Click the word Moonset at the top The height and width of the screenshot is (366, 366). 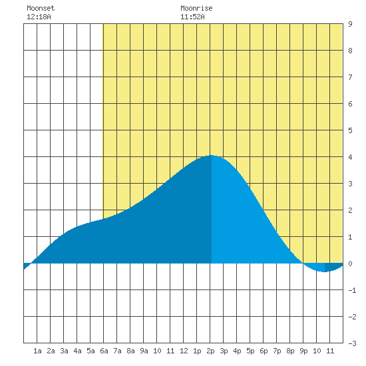(x=41, y=8)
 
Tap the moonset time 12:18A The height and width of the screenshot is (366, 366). (x=39, y=17)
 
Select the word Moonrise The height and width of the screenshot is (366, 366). (x=196, y=8)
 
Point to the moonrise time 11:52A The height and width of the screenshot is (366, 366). (x=192, y=17)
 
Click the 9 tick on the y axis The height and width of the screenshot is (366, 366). (x=350, y=24)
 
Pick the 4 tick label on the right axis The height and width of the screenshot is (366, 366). (x=350, y=157)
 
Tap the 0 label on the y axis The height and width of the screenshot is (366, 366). (x=350, y=264)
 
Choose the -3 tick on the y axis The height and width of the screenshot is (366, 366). (x=352, y=343)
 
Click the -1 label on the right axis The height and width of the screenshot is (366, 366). (x=352, y=290)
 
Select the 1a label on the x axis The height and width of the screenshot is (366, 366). (x=37, y=351)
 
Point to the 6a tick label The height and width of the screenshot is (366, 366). (x=104, y=351)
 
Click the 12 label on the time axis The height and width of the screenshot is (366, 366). (x=184, y=351)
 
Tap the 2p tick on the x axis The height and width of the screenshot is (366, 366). (x=210, y=351)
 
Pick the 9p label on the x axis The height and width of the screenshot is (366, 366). (x=303, y=351)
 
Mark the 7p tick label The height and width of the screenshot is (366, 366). (x=277, y=351)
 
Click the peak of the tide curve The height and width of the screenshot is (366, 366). (x=211, y=155)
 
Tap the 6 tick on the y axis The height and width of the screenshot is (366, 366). (x=350, y=104)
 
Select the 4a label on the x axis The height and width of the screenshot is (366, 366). (x=77, y=351)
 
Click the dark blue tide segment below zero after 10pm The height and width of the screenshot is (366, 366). (x=332, y=267)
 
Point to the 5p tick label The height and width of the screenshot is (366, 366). (x=250, y=351)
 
